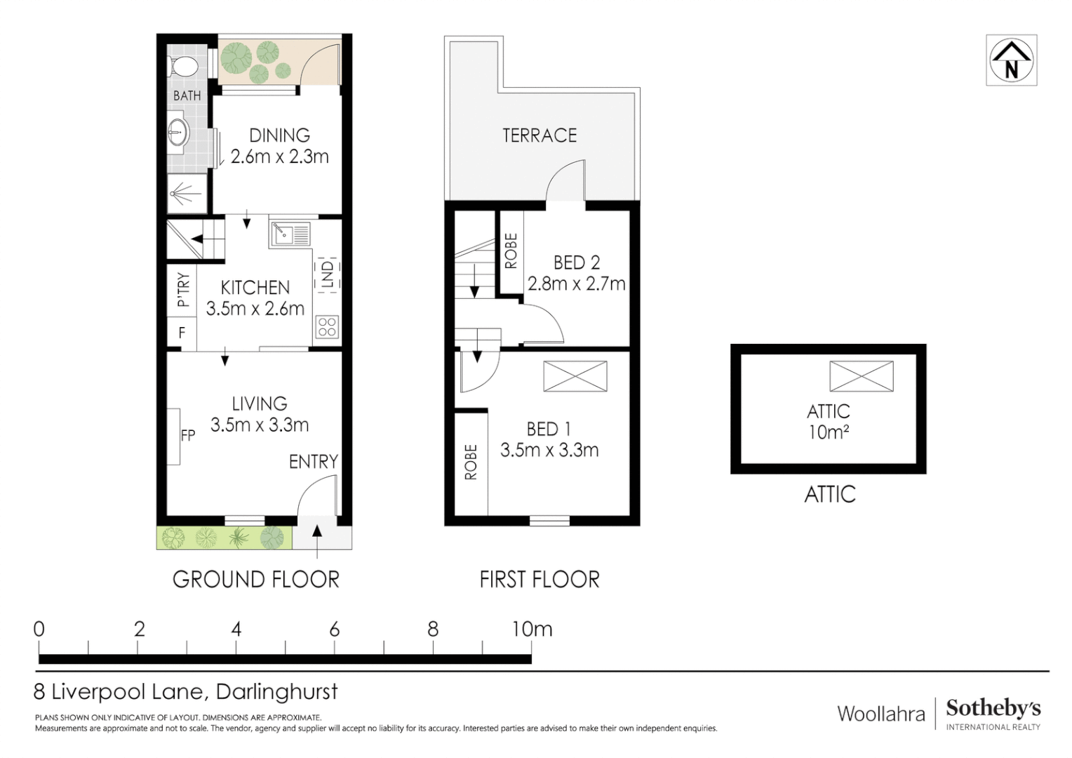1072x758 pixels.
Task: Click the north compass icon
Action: (1011, 60)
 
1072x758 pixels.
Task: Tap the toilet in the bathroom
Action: (184, 67)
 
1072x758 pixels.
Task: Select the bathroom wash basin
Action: (177, 132)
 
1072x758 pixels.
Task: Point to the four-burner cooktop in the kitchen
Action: (327, 326)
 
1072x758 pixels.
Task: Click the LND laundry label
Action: (327, 274)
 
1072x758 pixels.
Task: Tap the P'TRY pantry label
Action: (182, 289)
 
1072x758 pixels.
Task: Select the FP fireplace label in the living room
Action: (187, 435)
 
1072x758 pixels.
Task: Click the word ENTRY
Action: (313, 462)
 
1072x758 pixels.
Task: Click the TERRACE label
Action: (540, 135)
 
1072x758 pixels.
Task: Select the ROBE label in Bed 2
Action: (511, 251)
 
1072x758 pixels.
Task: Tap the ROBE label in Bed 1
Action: (471, 462)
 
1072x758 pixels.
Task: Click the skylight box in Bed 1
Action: (575, 376)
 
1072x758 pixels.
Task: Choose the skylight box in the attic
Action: (861, 376)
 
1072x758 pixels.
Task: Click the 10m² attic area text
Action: (829, 432)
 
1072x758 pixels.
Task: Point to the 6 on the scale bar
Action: (335, 630)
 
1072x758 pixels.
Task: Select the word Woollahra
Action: (881, 714)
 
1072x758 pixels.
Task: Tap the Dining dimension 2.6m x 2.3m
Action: (279, 157)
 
